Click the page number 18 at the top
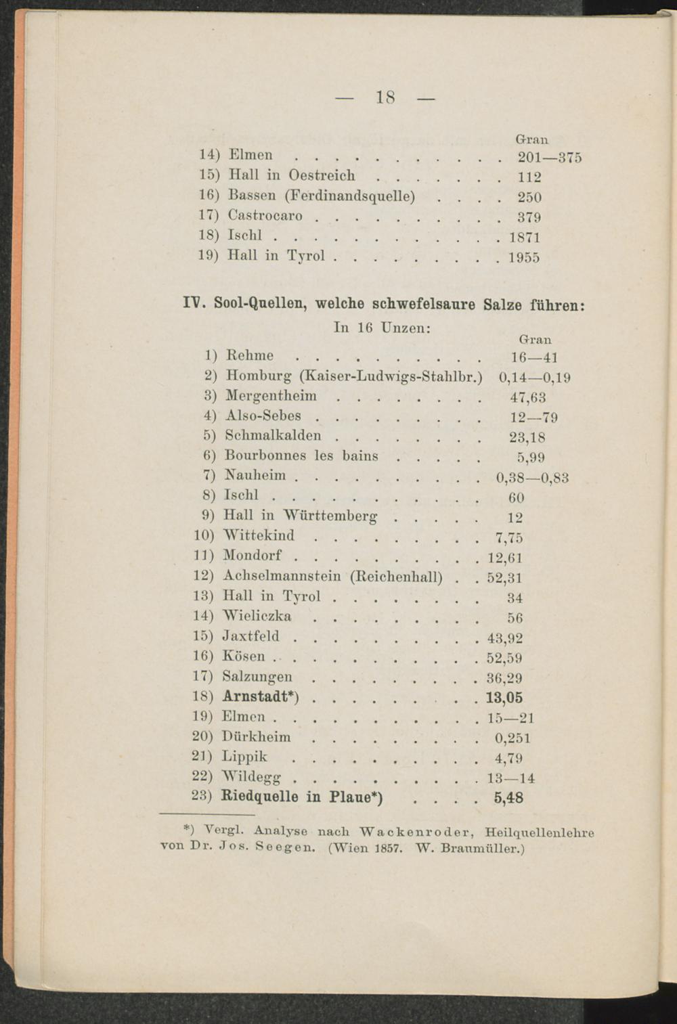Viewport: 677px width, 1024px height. [x=385, y=97]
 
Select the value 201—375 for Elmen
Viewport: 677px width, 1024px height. [x=549, y=158]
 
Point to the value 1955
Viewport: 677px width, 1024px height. [x=523, y=257]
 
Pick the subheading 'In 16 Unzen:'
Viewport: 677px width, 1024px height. [x=383, y=328]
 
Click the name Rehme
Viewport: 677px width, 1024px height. [x=249, y=356]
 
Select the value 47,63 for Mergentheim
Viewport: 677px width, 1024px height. [x=528, y=397]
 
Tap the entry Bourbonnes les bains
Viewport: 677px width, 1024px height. [x=301, y=455]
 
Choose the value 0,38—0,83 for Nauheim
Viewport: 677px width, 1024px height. [x=532, y=478]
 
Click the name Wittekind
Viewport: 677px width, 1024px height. [x=259, y=536]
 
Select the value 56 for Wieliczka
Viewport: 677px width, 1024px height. [x=515, y=618]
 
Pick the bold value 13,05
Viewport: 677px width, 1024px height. [x=504, y=698]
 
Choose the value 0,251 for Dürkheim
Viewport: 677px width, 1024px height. [x=512, y=738]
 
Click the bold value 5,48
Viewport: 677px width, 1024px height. [x=508, y=798]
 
